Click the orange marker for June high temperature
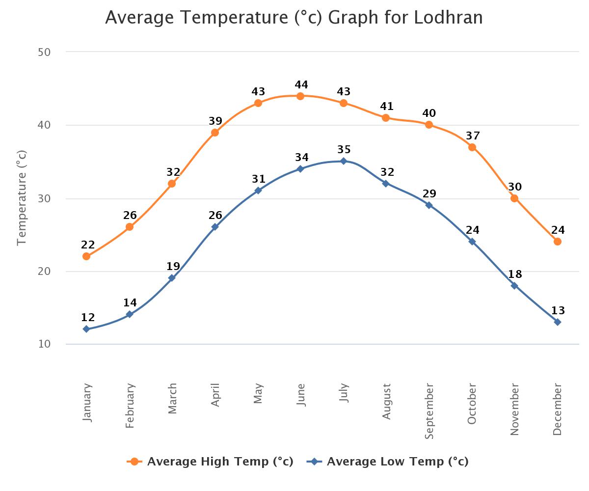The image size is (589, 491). click(x=300, y=96)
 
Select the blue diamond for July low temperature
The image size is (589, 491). click(x=344, y=161)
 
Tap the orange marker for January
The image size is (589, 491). click(x=86, y=256)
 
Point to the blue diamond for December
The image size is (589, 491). click(x=558, y=322)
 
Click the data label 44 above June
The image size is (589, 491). click(x=301, y=85)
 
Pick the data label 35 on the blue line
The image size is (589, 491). click(x=344, y=150)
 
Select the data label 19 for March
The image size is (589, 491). click(x=173, y=267)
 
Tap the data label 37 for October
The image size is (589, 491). click(x=473, y=136)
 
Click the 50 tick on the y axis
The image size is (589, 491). click(x=44, y=52)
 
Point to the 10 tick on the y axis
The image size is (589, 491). click(x=44, y=344)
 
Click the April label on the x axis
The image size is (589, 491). click(x=215, y=395)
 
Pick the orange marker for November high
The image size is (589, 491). click(x=514, y=198)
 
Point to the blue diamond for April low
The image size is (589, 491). click(x=215, y=227)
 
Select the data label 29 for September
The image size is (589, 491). click(x=429, y=194)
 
